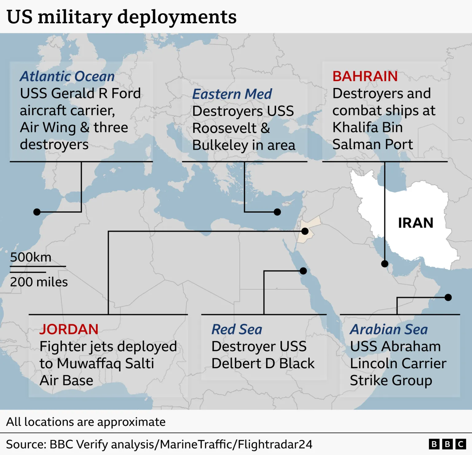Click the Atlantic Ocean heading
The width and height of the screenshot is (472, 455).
pyautogui.click(x=67, y=76)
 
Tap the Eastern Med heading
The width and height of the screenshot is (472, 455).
pyautogui.click(x=232, y=94)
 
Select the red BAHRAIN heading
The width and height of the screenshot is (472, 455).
pyautogui.click(x=365, y=76)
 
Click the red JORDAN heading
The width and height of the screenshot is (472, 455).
pyautogui.click(x=69, y=329)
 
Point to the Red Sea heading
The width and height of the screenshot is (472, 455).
pyautogui.click(x=237, y=329)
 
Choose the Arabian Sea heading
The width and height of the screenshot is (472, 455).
pyautogui.click(x=389, y=329)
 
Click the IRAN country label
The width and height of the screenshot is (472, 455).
pyautogui.click(x=415, y=223)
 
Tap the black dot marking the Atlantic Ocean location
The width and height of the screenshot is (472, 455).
pyautogui.click(x=37, y=212)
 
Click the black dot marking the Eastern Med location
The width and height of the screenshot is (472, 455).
pyautogui.click(x=277, y=212)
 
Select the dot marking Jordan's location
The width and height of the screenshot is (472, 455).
pyautogui.click(x=305, y=231)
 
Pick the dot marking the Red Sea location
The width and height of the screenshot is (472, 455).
pyautogui.click(x=303, y=271)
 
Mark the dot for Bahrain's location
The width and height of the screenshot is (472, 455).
pyautogui.click(x=385, y=264)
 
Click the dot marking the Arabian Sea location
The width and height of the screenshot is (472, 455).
pyautogui.click(x=448, y=297)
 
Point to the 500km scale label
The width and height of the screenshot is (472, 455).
pyautogui.click(x=31, y=257)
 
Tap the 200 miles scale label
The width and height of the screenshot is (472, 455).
pyautogui.click(x=39, y=282)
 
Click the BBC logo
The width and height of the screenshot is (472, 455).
pyautogui.click(x=447, y=444)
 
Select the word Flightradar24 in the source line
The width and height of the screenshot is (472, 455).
pyautogui.click(x=275, y=444)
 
